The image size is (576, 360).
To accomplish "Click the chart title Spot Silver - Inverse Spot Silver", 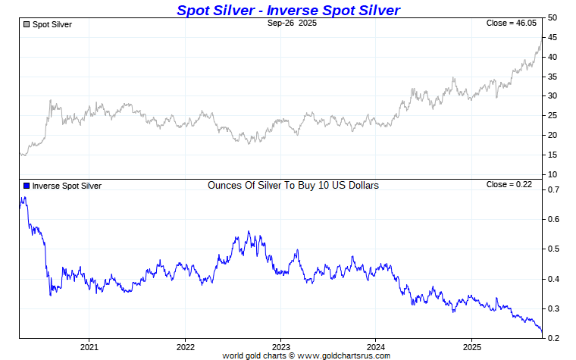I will [288, 10].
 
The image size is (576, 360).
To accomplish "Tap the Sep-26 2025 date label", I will [292, 24].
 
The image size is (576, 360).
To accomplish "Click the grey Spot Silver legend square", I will [27, 25].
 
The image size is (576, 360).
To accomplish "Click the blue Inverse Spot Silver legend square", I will [27, 186].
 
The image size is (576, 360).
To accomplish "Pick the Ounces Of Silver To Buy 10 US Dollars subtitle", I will [293, 185].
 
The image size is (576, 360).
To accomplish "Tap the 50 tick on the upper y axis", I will [553, 17].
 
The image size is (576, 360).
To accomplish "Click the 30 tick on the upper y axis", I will [553, 96].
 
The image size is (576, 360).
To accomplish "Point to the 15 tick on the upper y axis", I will [553, 155].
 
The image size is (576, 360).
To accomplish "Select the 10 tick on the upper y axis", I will [553, 175].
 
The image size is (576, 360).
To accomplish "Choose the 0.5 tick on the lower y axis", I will [554, 249].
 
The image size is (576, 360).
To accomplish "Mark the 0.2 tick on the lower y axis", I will [554, 338].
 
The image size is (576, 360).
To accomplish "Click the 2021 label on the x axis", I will [89, 346].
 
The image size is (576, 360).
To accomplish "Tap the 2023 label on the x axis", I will [280, 346].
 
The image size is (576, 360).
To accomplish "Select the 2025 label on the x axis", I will [471, 346].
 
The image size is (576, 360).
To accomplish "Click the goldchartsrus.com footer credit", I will [306, 355].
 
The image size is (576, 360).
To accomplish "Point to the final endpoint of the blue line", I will [542, 331].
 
